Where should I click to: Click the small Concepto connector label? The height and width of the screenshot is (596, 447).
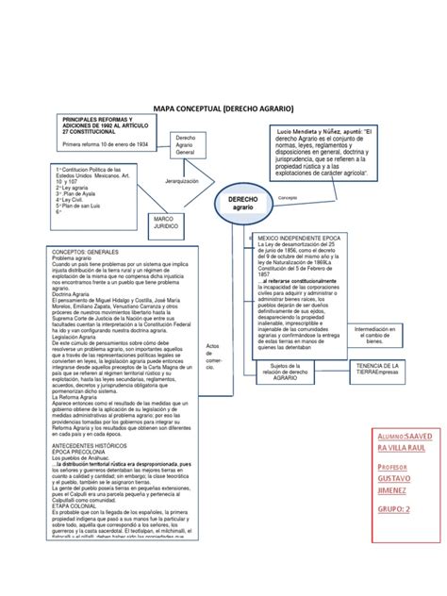click(287, 200)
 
